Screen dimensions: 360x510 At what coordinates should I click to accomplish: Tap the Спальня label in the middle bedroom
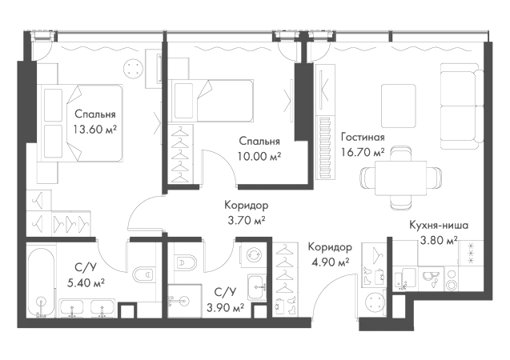click(259, 147)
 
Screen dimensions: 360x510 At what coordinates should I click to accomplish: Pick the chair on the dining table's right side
click(434, 177)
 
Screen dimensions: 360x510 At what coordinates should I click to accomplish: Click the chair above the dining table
click(400, 149)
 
